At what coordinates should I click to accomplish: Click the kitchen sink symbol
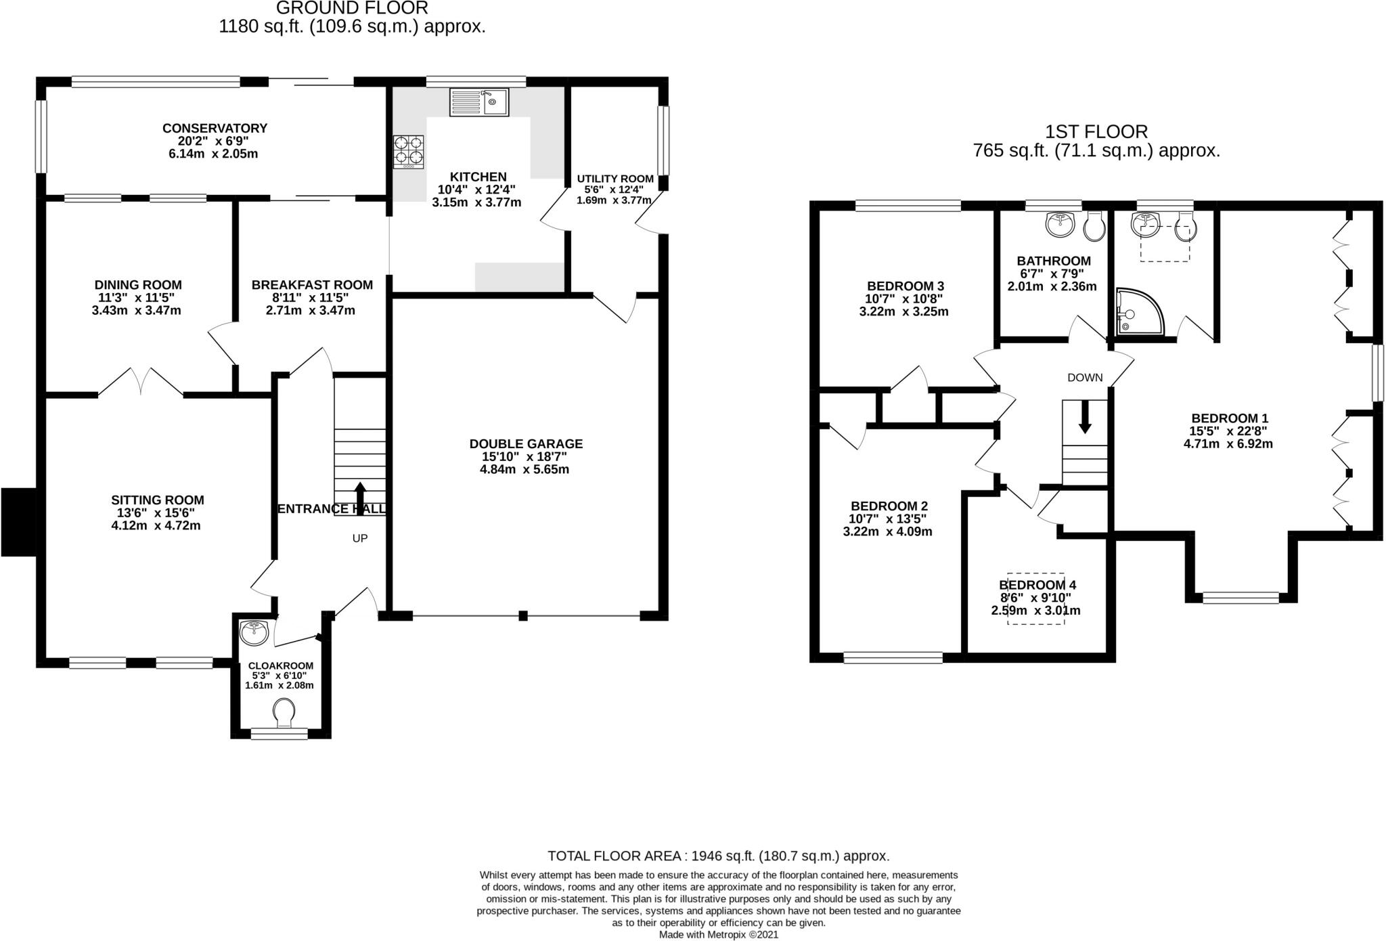479,103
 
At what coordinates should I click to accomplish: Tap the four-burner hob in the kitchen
409,152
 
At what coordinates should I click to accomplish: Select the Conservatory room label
215,128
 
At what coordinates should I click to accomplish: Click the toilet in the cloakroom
284,712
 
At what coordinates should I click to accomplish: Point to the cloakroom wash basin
254,632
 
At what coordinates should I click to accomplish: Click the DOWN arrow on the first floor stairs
1085,416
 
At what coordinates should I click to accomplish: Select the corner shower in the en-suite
1140,312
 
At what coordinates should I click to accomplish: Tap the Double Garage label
526,443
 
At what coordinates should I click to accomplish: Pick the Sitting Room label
157,500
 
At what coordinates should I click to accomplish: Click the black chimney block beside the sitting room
18,521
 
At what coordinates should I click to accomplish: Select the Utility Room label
614,179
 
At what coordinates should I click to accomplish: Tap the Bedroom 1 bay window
1240,597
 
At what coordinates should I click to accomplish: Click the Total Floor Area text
718,856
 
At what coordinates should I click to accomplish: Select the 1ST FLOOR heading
1096,131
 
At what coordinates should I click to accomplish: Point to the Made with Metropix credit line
719,934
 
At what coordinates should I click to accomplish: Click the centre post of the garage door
522,615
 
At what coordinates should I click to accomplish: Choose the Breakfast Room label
312,285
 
